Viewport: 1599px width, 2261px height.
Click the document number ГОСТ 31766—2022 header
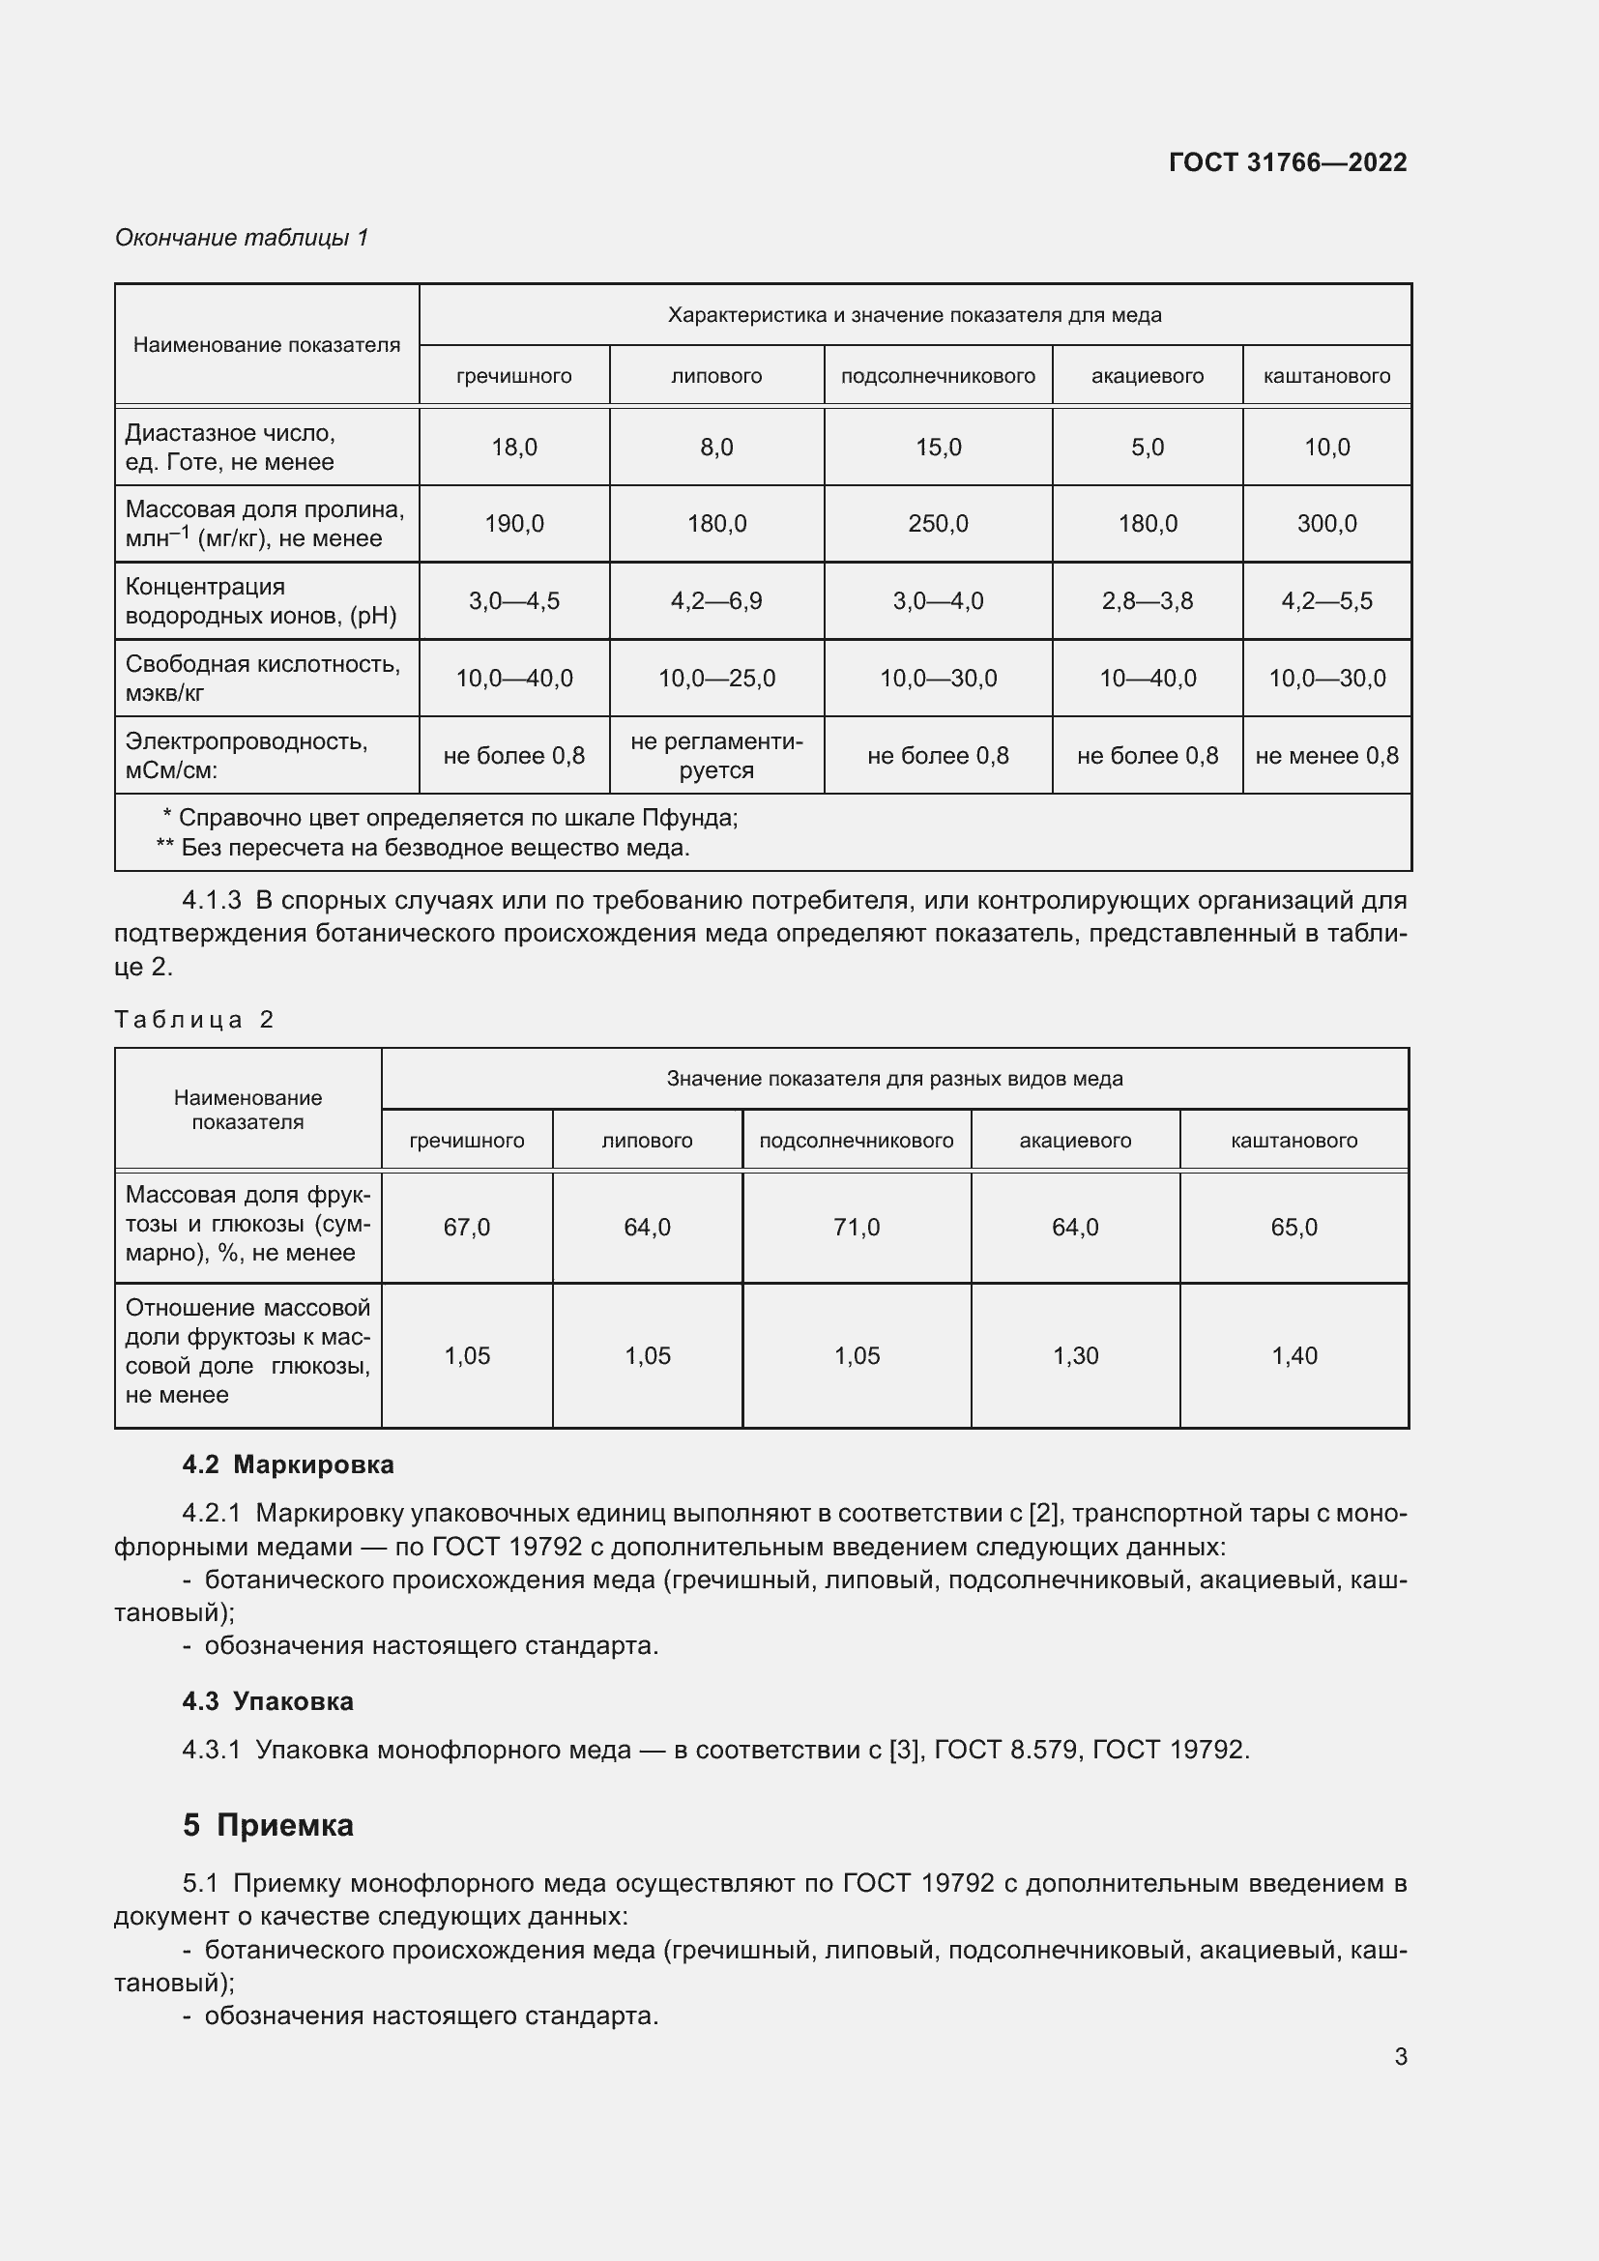(1287, 162)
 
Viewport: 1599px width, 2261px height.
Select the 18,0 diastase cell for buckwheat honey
(514, 448)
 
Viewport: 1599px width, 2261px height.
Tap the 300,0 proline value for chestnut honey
(1326, 523)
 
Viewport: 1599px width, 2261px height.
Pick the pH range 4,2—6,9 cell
(715, 600)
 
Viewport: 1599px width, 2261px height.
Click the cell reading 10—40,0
(1148, 678)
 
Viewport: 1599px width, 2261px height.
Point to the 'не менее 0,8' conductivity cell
(1326, 755)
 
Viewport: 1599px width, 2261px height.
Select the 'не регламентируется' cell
(715, 755)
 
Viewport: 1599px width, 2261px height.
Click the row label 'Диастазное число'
(230, 433)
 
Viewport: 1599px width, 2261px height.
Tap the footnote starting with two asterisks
(423, 847)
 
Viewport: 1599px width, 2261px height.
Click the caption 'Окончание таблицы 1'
(242, 238)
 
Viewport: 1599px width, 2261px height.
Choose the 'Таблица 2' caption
(193, 1019)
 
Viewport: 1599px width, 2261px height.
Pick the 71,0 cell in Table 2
(856, 1227)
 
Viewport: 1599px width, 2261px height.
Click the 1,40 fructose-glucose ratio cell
(1294, 1355)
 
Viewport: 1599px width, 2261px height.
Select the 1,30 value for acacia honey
(1075, 1355)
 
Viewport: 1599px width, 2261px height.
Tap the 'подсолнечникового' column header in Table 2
(856, 1141)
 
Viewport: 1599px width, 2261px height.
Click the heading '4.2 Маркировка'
(287, 1464)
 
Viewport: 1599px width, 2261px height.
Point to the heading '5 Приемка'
(268, 1825)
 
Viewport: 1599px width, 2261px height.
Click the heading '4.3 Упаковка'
(268, 1700)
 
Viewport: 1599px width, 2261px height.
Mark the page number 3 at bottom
(1400, 2056)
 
